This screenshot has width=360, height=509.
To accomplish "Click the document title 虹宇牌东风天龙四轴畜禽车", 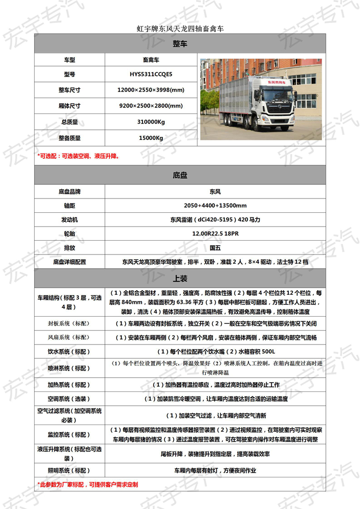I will pos(180,29).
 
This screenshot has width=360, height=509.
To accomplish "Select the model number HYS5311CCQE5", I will pos(151,74).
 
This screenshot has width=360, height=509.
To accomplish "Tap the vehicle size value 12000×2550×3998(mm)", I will pos(151,90).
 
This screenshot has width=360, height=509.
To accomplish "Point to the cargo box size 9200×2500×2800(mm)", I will pos(151,106).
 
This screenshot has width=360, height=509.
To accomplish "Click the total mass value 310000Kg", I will pos(151,122).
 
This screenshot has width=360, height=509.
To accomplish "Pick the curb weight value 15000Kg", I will pos(151,138).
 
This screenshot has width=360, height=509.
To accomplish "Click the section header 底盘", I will pos(180,176).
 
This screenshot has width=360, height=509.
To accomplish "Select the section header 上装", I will pos(180,278).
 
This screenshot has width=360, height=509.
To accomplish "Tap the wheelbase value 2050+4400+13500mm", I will pos(215,205).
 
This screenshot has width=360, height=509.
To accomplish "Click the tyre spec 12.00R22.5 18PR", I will pos(215,234).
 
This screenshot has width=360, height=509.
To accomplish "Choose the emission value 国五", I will pos(215,248).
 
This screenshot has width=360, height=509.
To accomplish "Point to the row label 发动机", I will pos(70,220).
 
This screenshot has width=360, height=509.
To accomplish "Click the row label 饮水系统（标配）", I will pos(70,351).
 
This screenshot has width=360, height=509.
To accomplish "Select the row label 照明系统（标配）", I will pos(70,470).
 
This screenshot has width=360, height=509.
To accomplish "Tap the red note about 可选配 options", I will pos(79,156).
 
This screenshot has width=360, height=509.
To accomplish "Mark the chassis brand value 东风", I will pos(215,192).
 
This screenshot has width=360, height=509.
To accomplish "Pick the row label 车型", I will pos(70,60).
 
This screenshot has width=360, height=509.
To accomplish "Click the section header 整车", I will pos(180,44).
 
